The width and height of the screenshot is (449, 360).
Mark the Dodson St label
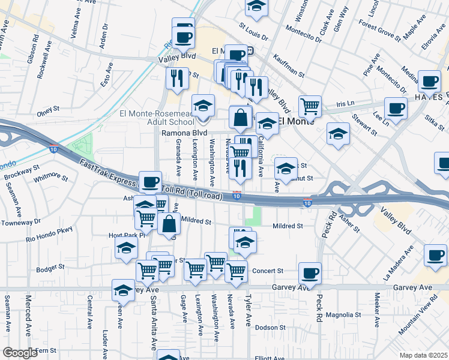click(x=270, y=328)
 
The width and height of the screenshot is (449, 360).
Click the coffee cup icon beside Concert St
click(x=310, y=274)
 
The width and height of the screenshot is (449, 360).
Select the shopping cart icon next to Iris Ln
click(x=310, y=107)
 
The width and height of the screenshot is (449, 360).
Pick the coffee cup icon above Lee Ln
click(x=396, y=109)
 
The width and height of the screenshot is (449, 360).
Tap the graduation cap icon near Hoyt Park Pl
click(x=126, y=248)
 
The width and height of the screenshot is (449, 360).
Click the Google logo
click(x=20, y=353)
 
